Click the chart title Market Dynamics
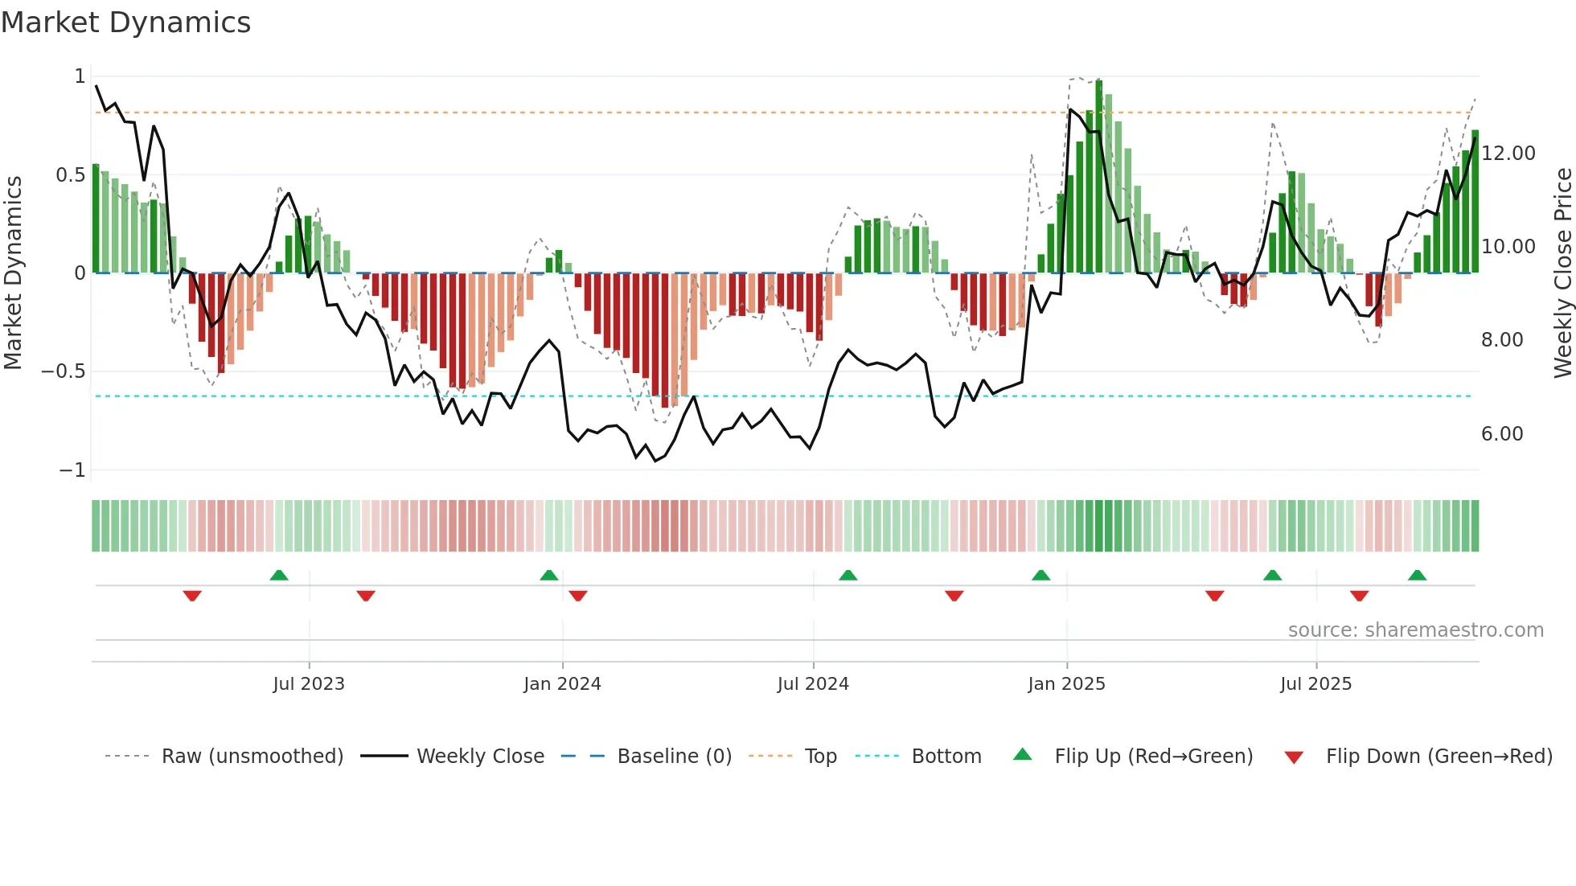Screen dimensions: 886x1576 [x=125, y=23]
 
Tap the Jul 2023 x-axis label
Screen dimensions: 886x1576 [x=308, y=684]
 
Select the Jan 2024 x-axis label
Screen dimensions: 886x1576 [x=562, y=684]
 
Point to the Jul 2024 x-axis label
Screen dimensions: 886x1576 [x=813, y=684]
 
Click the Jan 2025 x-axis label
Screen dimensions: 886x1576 [x=1066, y=684]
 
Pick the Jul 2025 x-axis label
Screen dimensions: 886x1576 [x=1315, y=684]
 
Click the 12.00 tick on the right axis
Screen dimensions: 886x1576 [x=1508, y=153]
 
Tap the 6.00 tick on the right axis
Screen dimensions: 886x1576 [x=1502, y=434]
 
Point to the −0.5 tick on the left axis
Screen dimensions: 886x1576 [x=63, y=371]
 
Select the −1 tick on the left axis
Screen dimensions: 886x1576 [x=72, y=470]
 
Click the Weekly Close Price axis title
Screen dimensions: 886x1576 [x=1562, y=273]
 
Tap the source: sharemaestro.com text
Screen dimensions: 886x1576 [x=1415, y=630]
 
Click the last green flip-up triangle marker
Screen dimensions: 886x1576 [x=1417, y=576]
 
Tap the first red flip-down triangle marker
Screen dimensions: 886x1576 [x=192, y=596]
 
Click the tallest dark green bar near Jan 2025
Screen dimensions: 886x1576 [x=1099, y=177]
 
